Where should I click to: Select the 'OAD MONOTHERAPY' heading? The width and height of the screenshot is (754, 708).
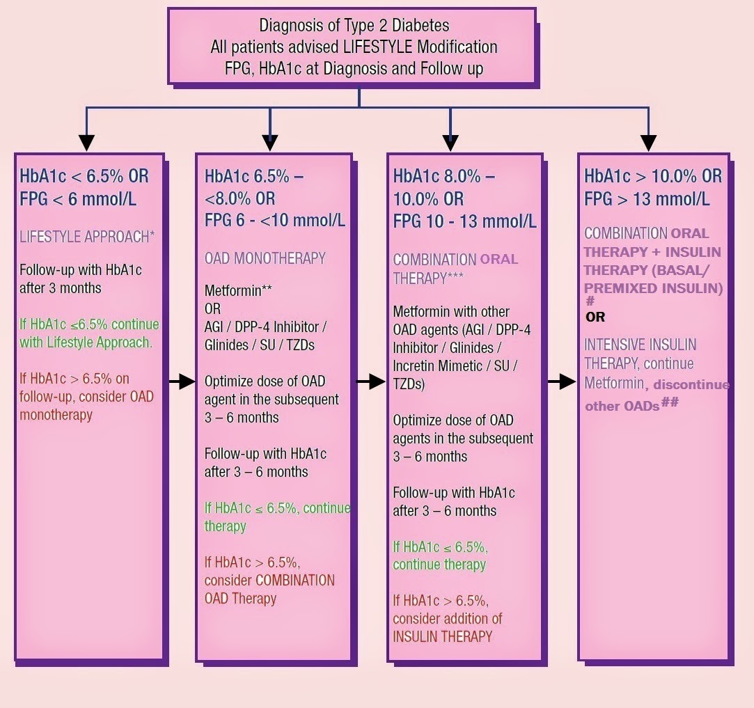point(265,258)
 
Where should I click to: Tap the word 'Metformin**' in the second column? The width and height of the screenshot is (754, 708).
point(237,291)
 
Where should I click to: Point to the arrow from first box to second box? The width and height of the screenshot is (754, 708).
point(181,381)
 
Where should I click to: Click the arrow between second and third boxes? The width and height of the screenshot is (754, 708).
point(370,381)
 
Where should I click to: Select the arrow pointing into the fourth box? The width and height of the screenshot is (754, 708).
point(561,381)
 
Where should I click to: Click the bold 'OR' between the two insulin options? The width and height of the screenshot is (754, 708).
point(595,317)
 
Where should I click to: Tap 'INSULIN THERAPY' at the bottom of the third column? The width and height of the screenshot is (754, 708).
point(442,636)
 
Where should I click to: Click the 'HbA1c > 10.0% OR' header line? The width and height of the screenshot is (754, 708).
point(653,176)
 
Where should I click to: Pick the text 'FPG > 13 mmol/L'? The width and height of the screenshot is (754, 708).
point(647,199)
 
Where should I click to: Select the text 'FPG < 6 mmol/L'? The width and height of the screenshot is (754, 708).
point(78,199)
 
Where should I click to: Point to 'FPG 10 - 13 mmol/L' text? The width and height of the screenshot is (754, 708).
point(464,221)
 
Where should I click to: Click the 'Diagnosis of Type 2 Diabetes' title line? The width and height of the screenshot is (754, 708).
point(354,26)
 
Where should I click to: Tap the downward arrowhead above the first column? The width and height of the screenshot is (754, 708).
point(86,142)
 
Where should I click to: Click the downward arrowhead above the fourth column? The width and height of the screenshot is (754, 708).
point(648,142)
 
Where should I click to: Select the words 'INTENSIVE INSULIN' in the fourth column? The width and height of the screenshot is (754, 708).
point(640,345)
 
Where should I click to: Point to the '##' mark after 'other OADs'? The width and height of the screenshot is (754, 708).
point(670,402)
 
